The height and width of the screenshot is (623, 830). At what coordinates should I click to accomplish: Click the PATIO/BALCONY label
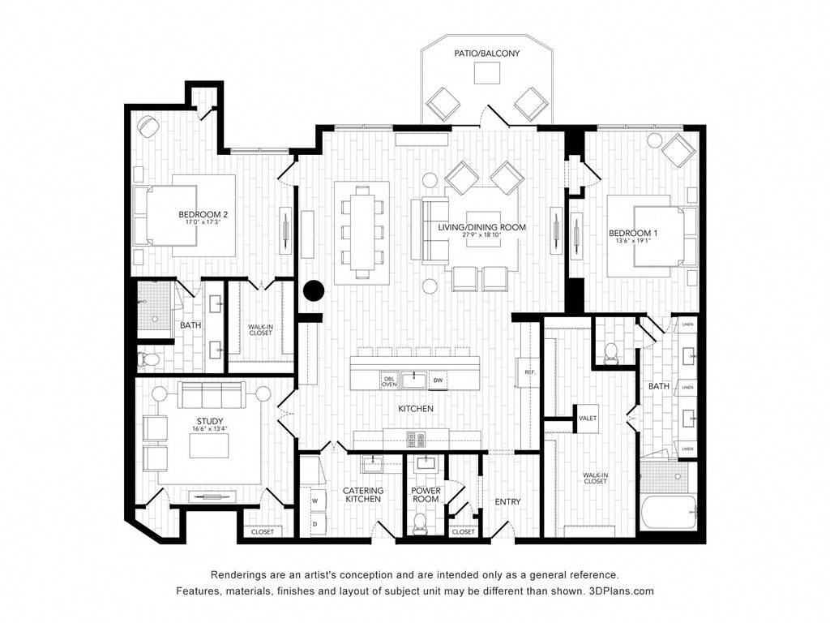[x=486, y=54]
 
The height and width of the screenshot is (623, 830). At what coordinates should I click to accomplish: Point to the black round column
[x=314, y=290]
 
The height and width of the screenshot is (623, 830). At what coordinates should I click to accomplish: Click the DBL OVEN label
[x=389, y=380]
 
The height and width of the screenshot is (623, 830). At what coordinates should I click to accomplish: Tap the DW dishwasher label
[x=438, y=380]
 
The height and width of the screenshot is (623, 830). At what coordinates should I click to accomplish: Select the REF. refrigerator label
[x=530, y=372]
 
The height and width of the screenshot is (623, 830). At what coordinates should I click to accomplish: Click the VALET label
[x=588, y=419]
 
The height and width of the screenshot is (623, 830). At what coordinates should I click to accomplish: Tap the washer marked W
[x=314, y=501]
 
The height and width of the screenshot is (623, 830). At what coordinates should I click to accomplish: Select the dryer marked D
[x=314, y=523]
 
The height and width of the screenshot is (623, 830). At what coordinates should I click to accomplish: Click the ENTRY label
[x=507, y=502]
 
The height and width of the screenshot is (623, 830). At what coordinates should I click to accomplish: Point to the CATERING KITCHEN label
[x=362, y=495]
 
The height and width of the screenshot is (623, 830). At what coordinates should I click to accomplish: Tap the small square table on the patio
[x=486, y=73]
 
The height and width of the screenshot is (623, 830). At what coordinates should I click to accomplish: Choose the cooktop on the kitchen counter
[x=416, y=440]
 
